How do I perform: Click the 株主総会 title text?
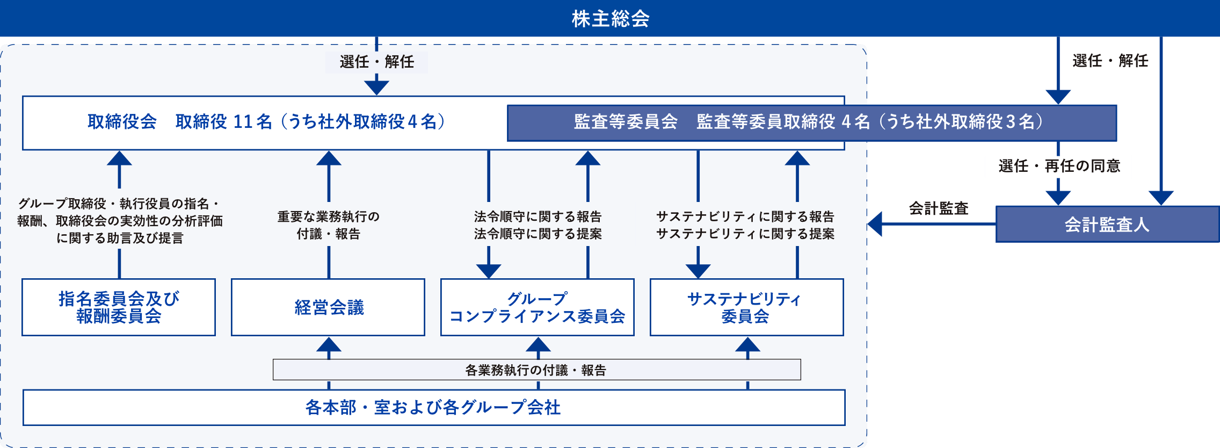[x=610, y=19]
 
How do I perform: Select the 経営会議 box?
[x=328, y=307]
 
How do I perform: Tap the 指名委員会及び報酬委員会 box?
[x=119, y=307]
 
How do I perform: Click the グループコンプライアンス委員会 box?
[x=537, y=307]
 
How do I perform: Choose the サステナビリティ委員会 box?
[x=746, y=307]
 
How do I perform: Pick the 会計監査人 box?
[x=1107, y=224]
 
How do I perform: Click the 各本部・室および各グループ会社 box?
[x=433, y=407]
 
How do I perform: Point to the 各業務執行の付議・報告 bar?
[x=536, y=370]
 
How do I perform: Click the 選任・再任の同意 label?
[x=1058, y=167]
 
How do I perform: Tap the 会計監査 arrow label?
[x=938, y=208]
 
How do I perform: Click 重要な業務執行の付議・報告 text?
[x=328, y=225]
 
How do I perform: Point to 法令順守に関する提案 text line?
[x=538, y=234]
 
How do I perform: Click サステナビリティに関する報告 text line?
[x=745, y=216]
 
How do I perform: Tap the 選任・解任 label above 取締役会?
[x=376, y=62]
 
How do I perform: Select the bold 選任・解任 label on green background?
[x=1110, y=61]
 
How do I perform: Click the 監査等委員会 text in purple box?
[x=625, y=122]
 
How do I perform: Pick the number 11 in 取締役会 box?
[x=243, y=122]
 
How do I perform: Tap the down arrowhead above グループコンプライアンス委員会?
[x=489, y=270]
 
